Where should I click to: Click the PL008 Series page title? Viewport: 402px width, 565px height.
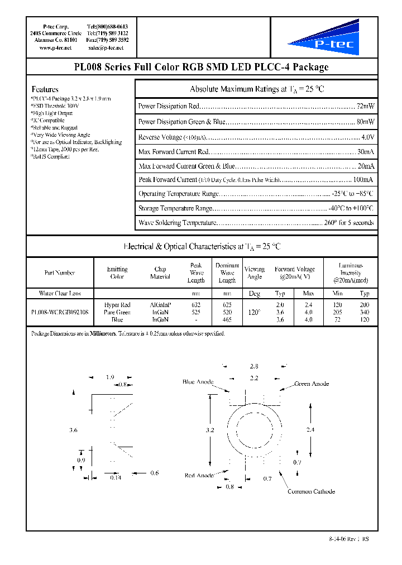point(201,68)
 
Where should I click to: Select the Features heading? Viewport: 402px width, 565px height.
point(45,89)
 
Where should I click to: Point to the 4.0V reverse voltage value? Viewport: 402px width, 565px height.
point(367,137)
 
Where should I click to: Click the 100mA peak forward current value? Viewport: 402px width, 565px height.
point(363,180)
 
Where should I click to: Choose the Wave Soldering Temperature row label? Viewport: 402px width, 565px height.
point(176,223)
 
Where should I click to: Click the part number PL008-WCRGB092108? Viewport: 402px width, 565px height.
point(60,313)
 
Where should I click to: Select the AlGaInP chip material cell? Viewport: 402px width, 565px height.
point(160,305)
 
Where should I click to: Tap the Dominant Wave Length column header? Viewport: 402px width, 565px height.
point(227,273)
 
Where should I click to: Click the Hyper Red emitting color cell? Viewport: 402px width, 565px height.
point(117,305)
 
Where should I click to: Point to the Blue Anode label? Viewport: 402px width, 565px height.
point(198,382)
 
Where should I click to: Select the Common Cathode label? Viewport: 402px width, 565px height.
point(311,491)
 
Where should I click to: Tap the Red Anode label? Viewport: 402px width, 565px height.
point(199,475)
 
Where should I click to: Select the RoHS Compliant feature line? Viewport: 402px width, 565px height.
point(50,157)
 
